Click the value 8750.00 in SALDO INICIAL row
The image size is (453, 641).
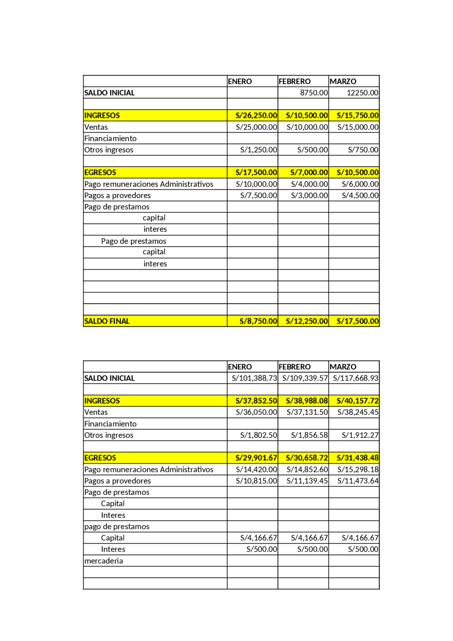[x=314, y=93]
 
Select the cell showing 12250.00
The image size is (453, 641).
[x=362, y=93]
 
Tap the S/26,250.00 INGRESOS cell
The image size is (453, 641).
[x=256, y=115]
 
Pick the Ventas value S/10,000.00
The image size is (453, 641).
[x=307, y=127]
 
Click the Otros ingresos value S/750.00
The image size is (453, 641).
[x=363, y=150]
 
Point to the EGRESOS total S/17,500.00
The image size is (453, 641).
[x=256, y=172]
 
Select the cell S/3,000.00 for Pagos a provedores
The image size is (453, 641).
[x=309, y=195]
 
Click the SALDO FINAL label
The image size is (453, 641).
[x=107, y=321]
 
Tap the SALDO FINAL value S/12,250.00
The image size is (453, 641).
[x=307, y=321]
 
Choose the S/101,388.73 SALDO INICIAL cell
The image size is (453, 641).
[x=254, y=378]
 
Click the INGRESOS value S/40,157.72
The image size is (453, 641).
[x=357, y=401]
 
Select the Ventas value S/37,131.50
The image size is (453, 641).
[x=307, y=412]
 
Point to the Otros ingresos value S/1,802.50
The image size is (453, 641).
[x=258, y=435]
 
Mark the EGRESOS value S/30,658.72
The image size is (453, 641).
[x=307, y=458]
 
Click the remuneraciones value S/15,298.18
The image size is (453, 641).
[x=357, y=469]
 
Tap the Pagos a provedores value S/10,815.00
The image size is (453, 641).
[x=256, y=481]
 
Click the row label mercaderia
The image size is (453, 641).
[x=104, y=561]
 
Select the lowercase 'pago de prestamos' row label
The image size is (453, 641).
[x=117, y=526]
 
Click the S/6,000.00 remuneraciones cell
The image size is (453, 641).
[x=360, y=184]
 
